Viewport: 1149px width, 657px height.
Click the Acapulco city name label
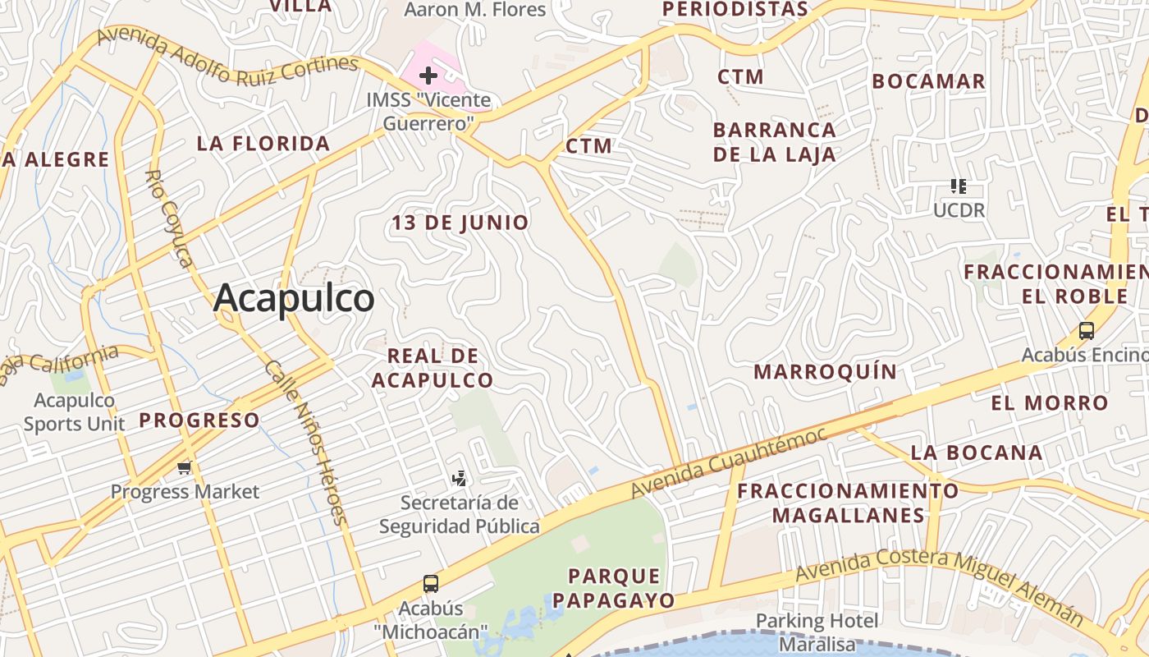tap(294, 298)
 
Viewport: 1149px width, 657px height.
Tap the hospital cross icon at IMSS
tap(428, 76)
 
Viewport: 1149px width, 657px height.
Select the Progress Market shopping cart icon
tap(184, 467)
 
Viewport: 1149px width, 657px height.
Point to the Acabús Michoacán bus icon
tap(431, 584)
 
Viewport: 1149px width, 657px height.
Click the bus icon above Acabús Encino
tap(1087, 331)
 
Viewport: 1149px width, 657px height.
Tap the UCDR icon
tap(958, 186)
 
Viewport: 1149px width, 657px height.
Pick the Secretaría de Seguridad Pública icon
tap(460, 478)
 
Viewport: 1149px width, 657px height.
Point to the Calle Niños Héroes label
tap(305, 443)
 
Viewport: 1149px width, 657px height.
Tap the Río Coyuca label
tap(170, 218)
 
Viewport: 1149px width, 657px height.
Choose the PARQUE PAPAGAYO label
tap(613, 588)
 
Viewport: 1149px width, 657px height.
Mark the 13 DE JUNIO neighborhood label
tap(460, 223)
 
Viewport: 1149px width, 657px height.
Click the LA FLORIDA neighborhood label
tap(263, 144)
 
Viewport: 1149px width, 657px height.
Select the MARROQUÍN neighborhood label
tap(826, 372)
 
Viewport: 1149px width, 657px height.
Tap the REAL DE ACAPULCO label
tap(433, 368)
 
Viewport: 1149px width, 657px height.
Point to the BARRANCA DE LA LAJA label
tap(774, 142)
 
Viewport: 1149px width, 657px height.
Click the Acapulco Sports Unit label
tap(74, 412)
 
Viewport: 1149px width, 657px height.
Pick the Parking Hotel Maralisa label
tap(817, 632)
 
